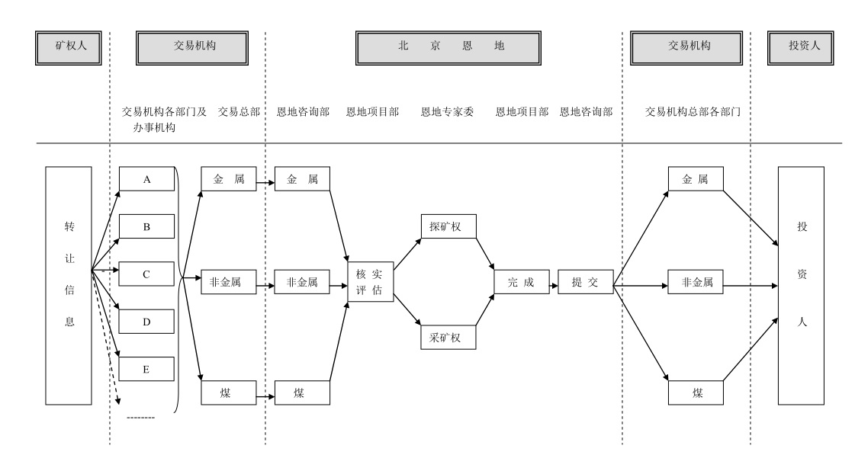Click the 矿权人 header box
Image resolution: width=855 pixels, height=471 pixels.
69,48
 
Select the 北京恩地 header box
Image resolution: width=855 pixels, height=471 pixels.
448,48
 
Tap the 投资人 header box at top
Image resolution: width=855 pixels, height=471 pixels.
801,48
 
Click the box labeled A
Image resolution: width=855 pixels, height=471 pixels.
146,179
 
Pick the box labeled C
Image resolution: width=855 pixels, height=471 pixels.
146,274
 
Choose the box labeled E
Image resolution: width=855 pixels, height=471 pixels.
146,369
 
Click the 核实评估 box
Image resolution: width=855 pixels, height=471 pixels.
370,282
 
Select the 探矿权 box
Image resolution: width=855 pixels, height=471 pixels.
448,226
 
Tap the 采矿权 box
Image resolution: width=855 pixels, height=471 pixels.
448,337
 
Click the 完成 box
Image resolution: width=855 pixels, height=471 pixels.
522,282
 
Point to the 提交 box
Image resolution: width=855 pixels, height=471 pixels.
586,282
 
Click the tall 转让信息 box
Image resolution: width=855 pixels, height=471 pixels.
69,286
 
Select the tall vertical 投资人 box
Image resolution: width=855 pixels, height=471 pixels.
801,286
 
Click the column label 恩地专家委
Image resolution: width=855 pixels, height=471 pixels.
447,112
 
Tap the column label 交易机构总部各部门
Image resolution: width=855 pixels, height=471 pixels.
693,112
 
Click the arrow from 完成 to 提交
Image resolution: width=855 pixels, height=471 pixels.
554,286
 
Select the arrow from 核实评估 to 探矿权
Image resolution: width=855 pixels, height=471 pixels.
407,254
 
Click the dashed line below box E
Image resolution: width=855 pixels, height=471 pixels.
140,418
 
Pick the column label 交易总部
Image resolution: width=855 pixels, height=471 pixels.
239,112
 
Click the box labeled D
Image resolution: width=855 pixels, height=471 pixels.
146,321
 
